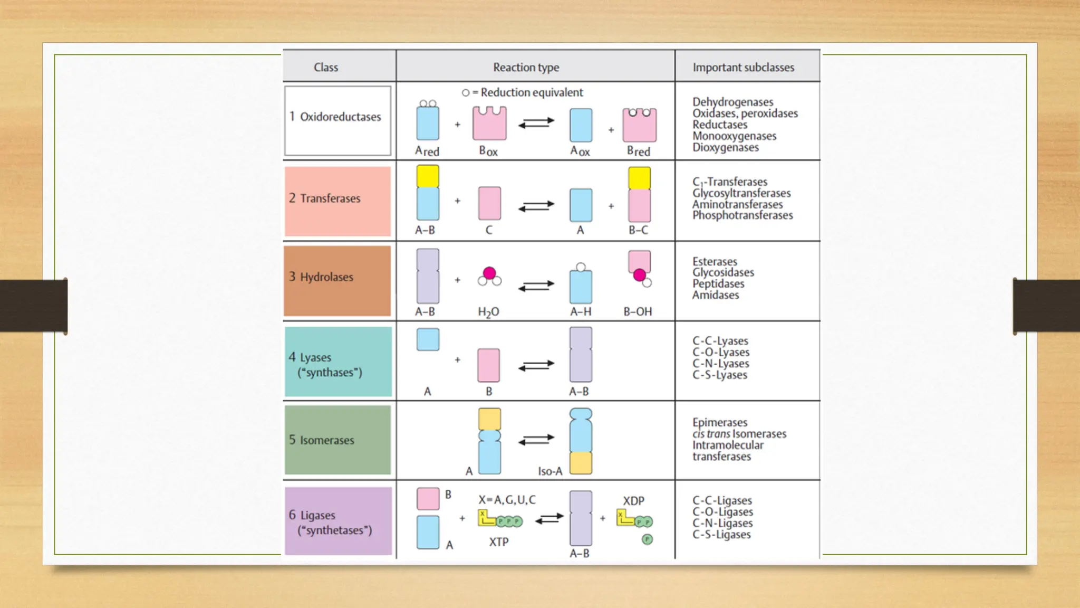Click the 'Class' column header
[x=326, y=68]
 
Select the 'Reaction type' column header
[x=526, y=68]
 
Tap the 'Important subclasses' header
[x=743, y=68]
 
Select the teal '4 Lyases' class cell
[x=338, y=362]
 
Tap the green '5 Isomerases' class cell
[x=337, y=440]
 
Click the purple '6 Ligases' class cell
[x=338, y=521]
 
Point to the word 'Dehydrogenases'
[x=732, y=102]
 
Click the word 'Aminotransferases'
[x=737, y=204]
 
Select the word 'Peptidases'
[x=718, y=284]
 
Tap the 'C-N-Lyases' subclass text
[x=720, y=364]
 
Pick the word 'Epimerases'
[x=720, y=423]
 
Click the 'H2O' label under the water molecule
[x=488, y=312]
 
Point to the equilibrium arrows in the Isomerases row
[x=536, y=439]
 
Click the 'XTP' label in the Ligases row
[x=498, y=542]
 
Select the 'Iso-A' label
[x=550, y=471]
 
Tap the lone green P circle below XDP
[x=647, y=539]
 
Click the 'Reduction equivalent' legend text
[x=531, y=93]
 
